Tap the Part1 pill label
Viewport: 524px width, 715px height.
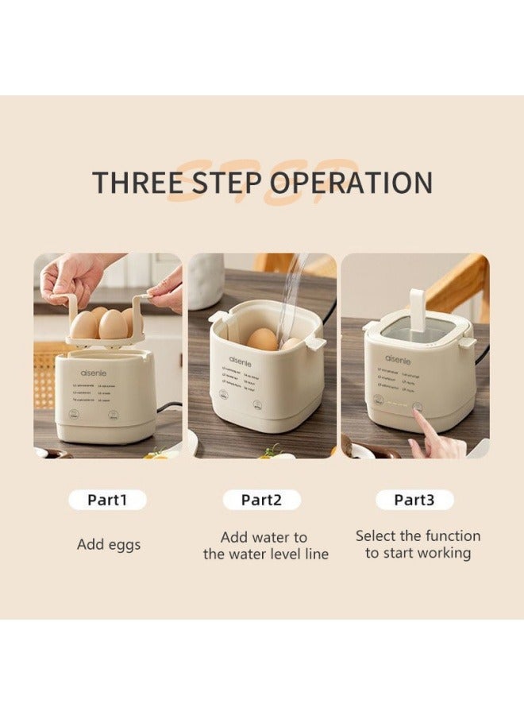pos(107,500)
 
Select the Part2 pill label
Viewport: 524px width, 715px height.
pos(262,500)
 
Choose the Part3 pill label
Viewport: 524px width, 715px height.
pos(414,500)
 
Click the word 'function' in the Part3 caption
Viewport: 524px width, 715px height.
pos(449,535)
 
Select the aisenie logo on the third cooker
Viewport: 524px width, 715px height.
pos(399,359)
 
